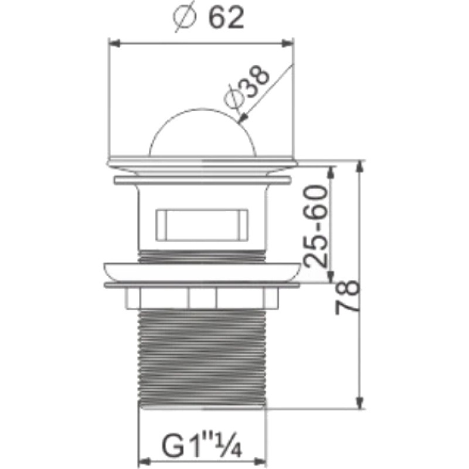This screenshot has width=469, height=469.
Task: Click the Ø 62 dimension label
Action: pos(209,18)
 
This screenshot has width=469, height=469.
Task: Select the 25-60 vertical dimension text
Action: pos(315,226)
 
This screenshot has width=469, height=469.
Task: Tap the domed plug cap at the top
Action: pos(203,132)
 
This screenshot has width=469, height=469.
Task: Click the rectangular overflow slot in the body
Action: pos(202,225)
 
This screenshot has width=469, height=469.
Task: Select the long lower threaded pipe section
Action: pos(202,358)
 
